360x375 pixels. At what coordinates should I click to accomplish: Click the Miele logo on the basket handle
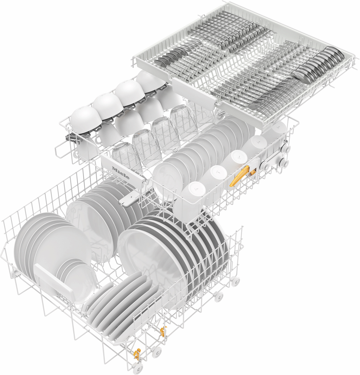click(121, 173)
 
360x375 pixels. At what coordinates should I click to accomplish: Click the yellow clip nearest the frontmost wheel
click(137, 354)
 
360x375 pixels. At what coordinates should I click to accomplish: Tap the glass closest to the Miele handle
click(126, 157)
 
